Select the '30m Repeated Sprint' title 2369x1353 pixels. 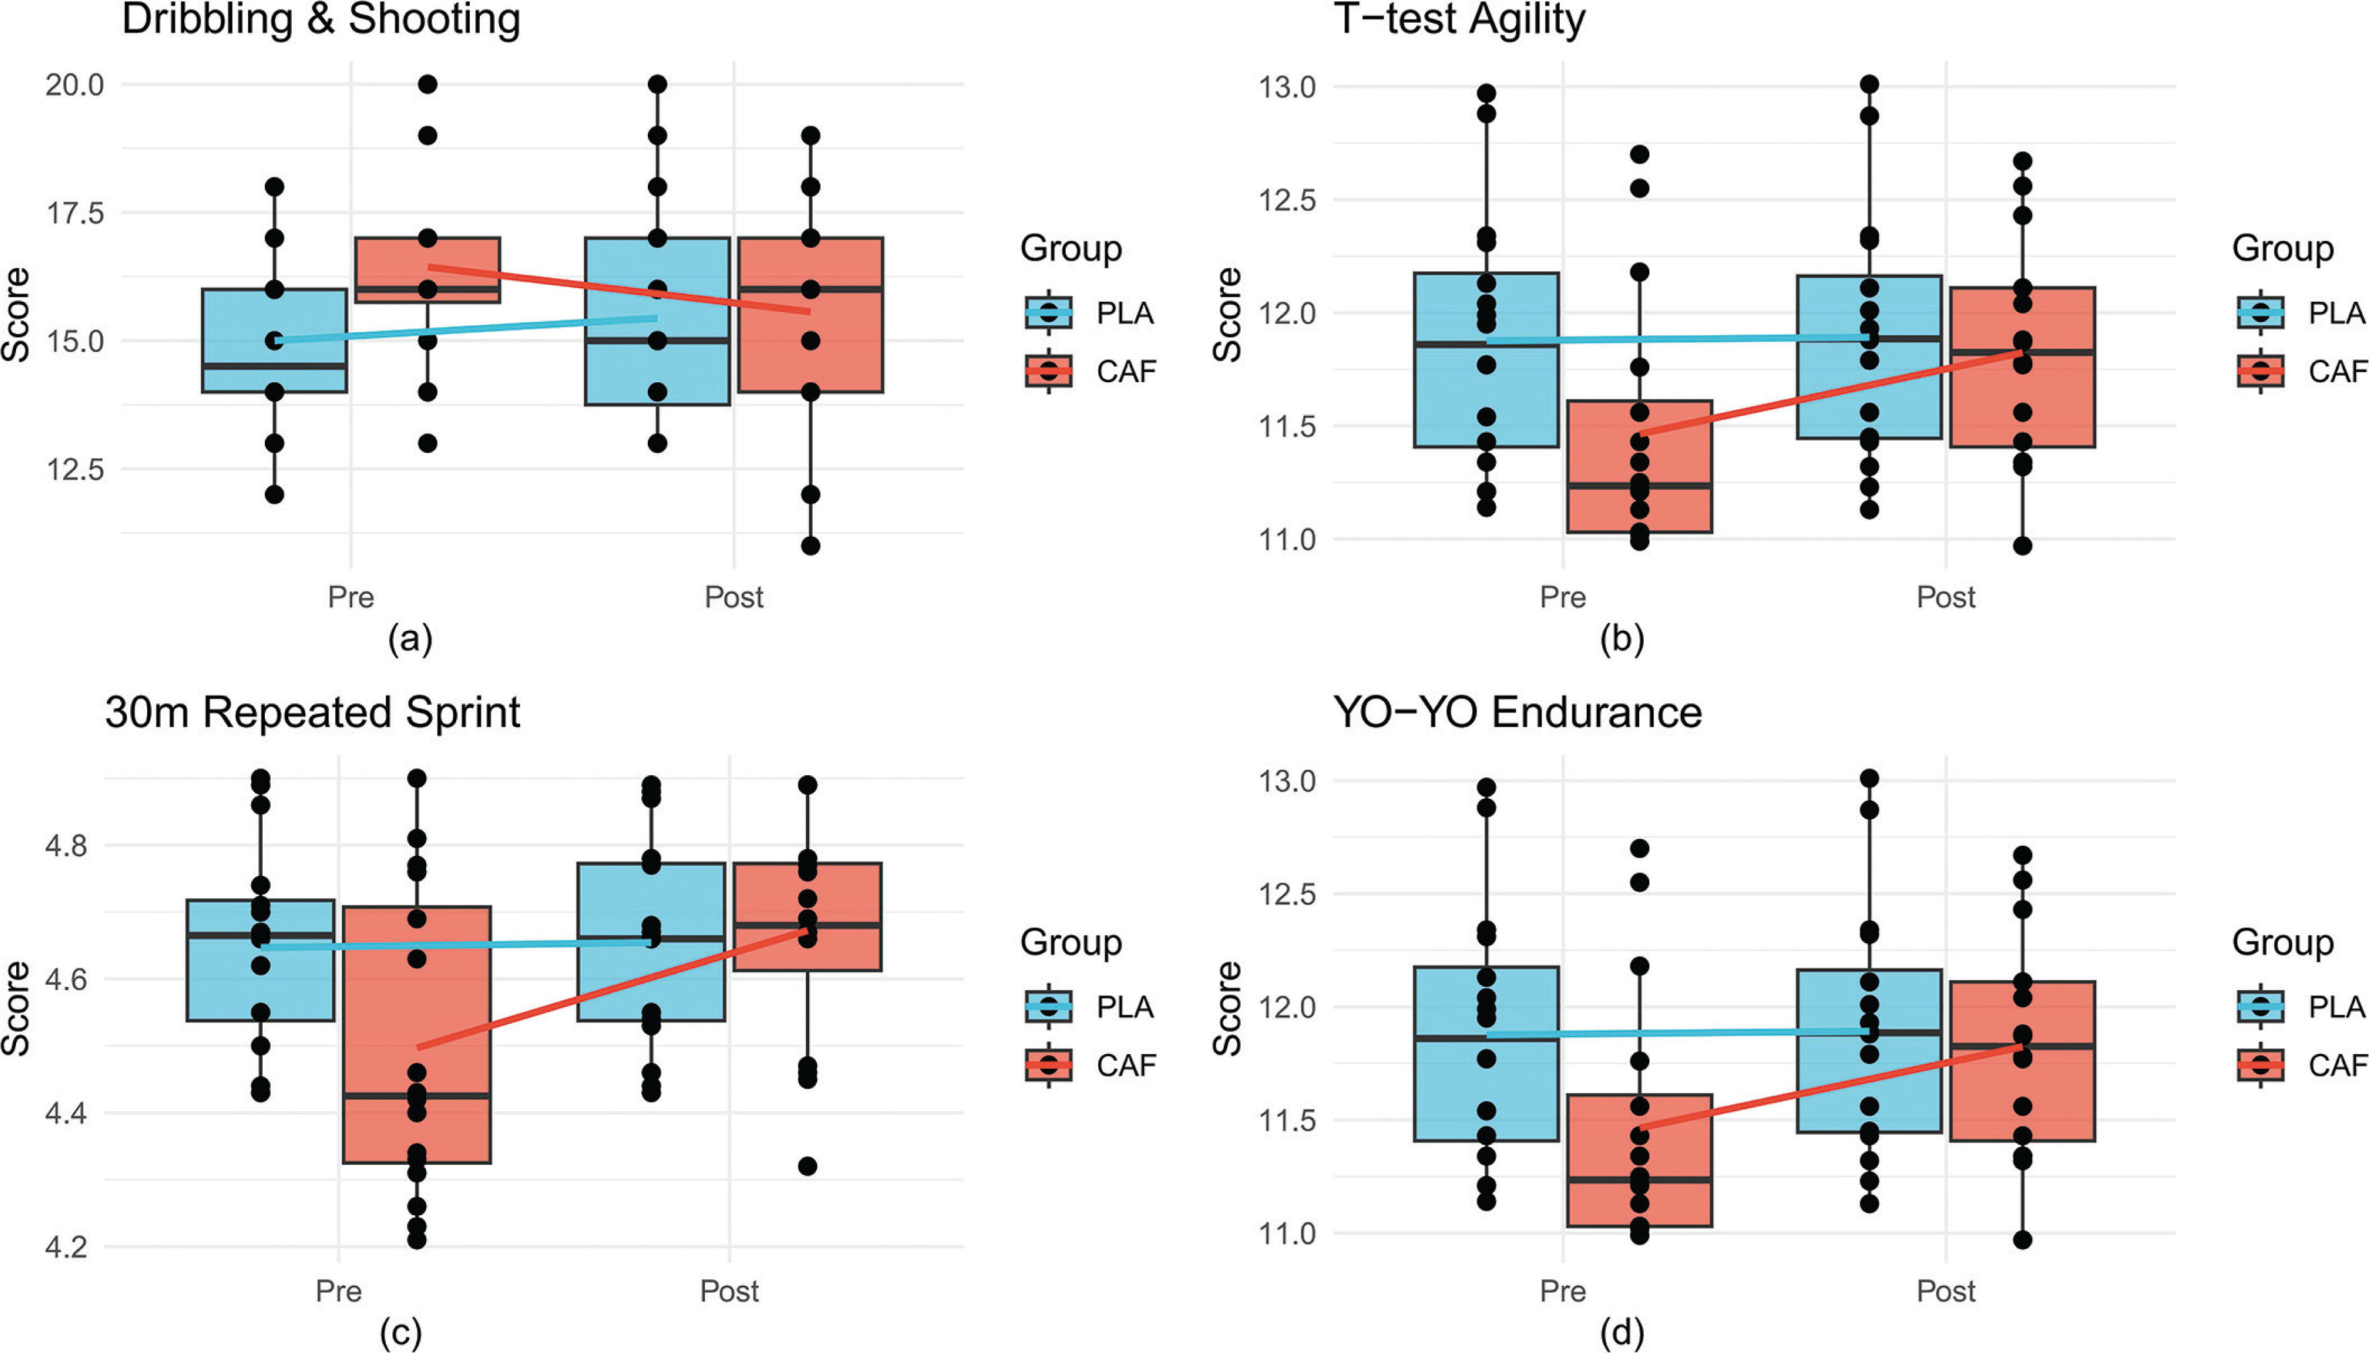tap(313, 713)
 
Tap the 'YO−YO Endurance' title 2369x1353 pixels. tap(1517, 713)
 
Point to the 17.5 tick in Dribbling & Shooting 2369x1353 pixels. tap(75, 213)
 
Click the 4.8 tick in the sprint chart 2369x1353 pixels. tap(65, 846)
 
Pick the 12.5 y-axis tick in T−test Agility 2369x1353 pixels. tap(1287, 200)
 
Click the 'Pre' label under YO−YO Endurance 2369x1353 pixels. tap(1563, 1291)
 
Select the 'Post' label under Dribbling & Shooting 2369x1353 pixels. tap(733, 597)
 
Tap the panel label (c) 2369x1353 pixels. tap(401, 1334)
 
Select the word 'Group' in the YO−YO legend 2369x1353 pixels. tap(2282, 943)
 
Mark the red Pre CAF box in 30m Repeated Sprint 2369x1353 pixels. tap(417, 1035)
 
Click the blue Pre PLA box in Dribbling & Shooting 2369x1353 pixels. tap(274, 340)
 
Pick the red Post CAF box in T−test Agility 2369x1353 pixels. tap(2022, 367)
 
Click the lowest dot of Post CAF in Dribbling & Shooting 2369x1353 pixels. tap(811, 545)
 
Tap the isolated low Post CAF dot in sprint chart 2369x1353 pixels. tap(808, 1166)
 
